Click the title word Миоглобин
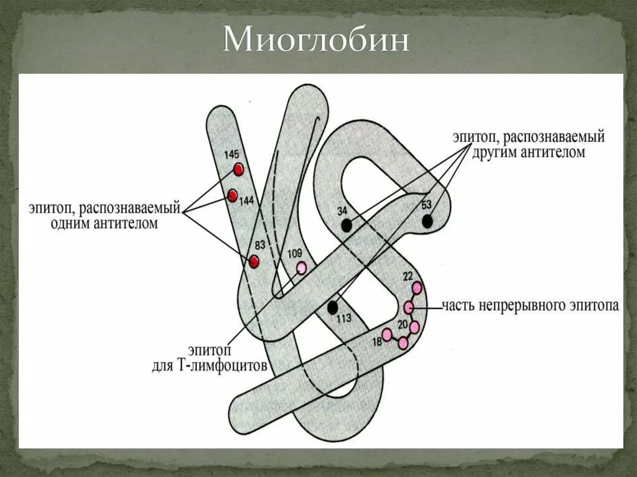pos(317,42)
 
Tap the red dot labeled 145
pos(238,169)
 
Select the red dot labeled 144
pos(233,196)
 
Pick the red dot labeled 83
pos(254,262)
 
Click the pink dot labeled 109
pos(302,268)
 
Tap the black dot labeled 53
pos(427,221)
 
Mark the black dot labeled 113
pos(333,307)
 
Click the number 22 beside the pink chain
pos(408,276)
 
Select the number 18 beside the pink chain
pos(377,341)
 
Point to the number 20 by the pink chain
pos(402,324)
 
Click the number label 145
pos(231,154)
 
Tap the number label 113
pos(343,318)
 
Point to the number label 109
pos(295,253)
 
